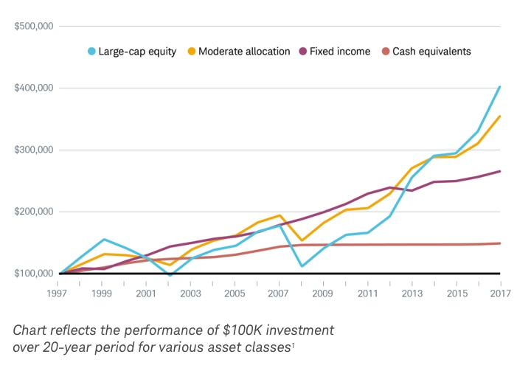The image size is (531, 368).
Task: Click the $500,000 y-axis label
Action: click(x=34, y=26)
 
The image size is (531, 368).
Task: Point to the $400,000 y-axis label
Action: click(x=34, y=88)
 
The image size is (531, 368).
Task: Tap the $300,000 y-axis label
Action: click(x=34, y=150)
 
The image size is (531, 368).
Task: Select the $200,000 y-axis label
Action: click(x=34, y=212)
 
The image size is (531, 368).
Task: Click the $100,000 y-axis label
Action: click(x=34, y=274)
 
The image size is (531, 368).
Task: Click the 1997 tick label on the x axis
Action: click(x=60, y=294)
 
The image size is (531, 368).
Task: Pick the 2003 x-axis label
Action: click(x=190, y=294)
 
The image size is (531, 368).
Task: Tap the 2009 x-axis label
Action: click(x=323, y=294)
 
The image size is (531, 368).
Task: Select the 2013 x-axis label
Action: click(x=412, y=294)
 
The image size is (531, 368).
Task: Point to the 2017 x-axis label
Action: click(x=500, y=294)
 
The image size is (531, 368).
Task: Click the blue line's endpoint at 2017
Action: click(x=500, y=87)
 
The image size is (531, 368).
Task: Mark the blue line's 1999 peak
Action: click(x=104, y=239)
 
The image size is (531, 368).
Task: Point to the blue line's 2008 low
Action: click(x=301, y=266)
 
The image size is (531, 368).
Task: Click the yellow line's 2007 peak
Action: click(x=280, y=215)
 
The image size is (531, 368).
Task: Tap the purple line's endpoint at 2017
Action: click(x=500, y=171)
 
